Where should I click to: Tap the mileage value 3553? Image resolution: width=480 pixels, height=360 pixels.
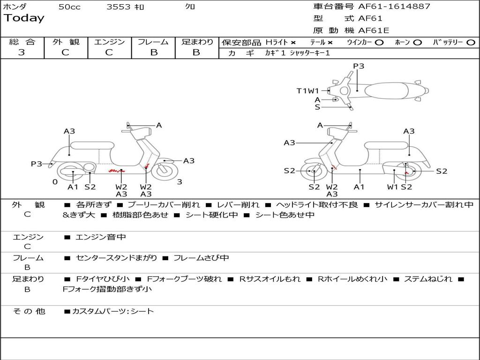(x=119, y=7)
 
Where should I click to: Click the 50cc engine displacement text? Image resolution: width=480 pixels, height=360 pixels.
(x=69, y=7)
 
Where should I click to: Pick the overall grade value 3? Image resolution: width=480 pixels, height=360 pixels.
(x=22, y=52)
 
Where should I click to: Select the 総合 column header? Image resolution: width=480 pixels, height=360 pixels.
(x=22, y=42)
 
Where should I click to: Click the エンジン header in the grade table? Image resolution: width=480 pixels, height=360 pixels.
(x=109, y=42)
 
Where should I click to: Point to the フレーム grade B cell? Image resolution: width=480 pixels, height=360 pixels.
(x=153, y=52)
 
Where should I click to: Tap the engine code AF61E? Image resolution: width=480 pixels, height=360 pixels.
(x=374, y=31)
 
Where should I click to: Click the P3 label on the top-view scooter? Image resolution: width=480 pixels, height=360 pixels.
(x=359, y=66)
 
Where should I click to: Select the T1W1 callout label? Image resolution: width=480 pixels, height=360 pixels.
(x=307, y=91)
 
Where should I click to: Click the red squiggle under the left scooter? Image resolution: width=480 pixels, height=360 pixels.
(x=113, y=171)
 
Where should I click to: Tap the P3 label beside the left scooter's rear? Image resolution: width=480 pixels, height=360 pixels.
(x=37, y=164)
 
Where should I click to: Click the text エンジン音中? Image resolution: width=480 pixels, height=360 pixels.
(x=100, y=237)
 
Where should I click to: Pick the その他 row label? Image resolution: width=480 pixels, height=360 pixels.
(x=29, y=311)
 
